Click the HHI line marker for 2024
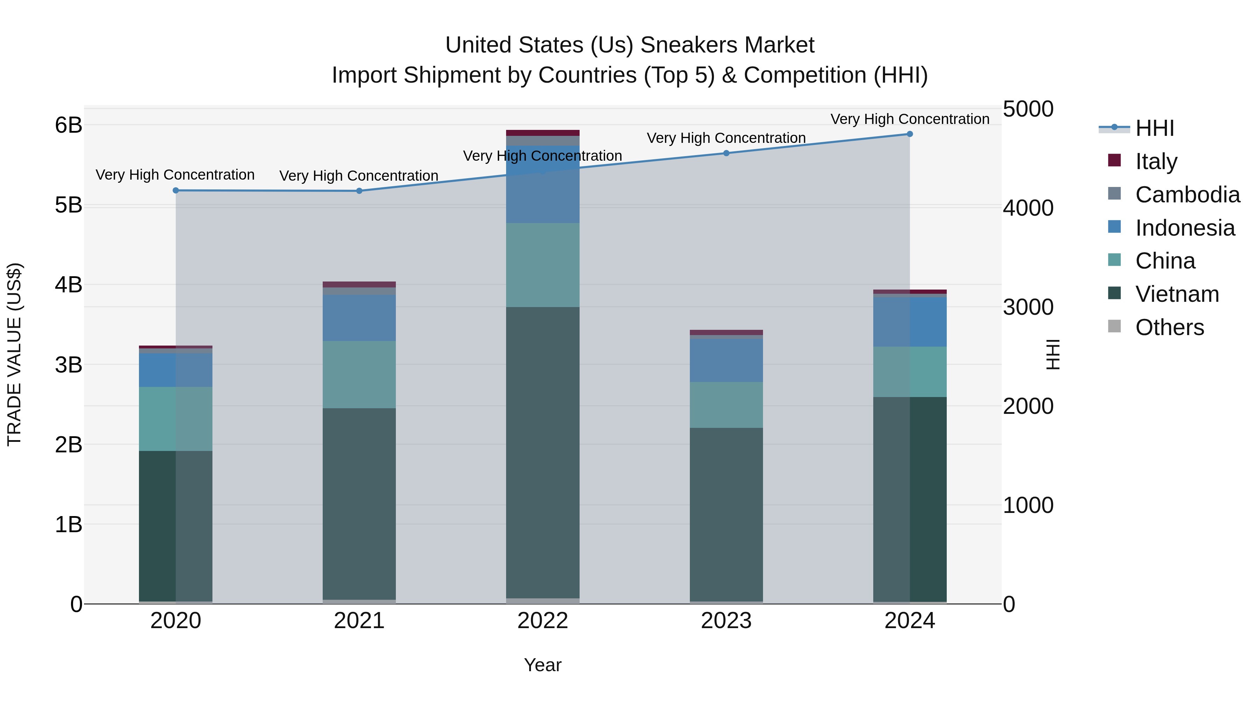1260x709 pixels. click(x=909, y=134)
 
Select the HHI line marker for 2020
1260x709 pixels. click(x=176, y=190)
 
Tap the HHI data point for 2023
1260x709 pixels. click(x=726, y=153)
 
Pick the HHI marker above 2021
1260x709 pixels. click(x=359, y=191)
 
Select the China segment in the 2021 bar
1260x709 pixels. click(x=359, y=375)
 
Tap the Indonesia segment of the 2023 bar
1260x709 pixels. click(x=726, y=361)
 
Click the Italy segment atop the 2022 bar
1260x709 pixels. click(x=542, y=133)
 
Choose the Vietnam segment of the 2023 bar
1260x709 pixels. click(x=726, y=514)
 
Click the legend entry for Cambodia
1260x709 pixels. click(x=1187, y=195)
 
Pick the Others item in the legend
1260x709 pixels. click(x=1169, y=327)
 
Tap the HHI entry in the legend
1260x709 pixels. click(x=1154, y=128)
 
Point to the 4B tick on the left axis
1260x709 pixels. click(x=69, y=285)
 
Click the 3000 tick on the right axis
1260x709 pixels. click(x=1028, y=307)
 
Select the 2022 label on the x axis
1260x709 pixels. click(x=542, y=621)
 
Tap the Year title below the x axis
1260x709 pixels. click(x=542, y=665)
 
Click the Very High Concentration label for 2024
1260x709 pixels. click(x=909, y=119)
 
